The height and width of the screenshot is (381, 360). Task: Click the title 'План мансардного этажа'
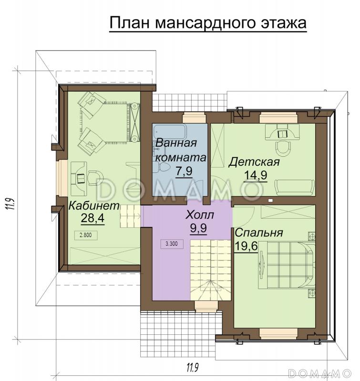(207, 22)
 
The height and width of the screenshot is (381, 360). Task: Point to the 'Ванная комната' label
(180, 150)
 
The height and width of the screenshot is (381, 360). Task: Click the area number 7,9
(184, 171)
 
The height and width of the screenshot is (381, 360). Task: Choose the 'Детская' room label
(254, 162)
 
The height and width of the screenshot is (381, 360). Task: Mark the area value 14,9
(255, 176)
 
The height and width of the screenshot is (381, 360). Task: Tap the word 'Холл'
(200, 215)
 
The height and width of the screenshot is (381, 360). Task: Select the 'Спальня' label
(259, 233)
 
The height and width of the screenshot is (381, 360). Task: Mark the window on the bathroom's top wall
(194, 114)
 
